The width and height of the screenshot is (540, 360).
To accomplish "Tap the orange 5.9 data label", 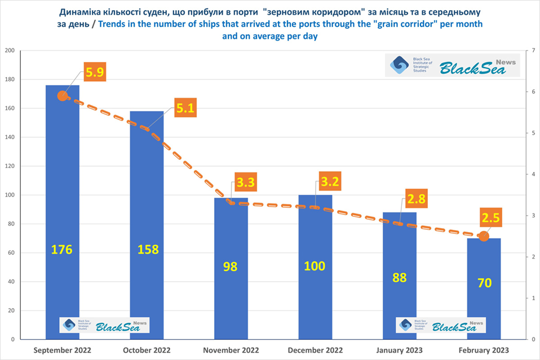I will click(x=95, y=72).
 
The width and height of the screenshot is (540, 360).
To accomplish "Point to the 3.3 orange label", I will click(x=245, y=182).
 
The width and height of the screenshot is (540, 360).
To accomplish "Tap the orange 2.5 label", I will click(x=491, y=217).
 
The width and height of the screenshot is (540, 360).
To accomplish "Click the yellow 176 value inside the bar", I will click(x=61, y=249).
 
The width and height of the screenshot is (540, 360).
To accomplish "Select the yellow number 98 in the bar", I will click(x=231, y=266).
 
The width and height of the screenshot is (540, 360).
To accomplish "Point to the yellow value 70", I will click(x=484, y=282).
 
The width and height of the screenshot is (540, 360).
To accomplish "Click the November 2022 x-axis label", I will click(x=231, y=350).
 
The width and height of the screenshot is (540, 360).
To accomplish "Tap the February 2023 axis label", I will click(x=484, y=350).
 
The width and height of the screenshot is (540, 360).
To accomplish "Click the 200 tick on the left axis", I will click(x=10, y=51).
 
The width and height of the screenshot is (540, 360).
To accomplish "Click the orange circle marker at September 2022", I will click(x=63, y=96).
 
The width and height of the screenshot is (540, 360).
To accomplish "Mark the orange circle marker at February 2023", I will click(x=483, y=237).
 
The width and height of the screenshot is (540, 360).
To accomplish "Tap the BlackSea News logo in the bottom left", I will click(x=105, y=325).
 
